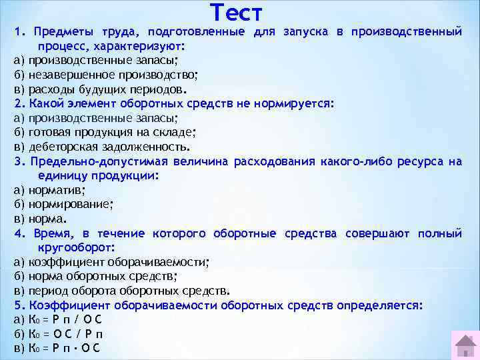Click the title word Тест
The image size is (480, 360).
236,13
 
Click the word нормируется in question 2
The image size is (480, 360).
296,104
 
